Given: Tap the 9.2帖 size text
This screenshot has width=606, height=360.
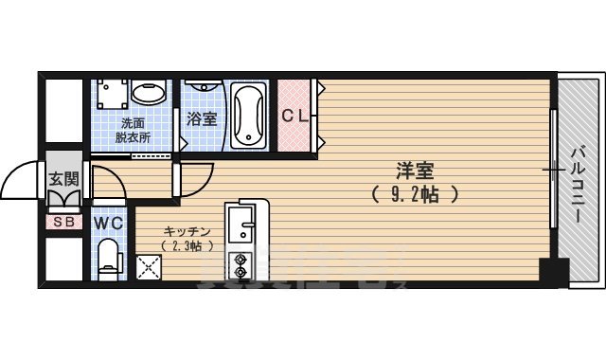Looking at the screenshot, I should click(415, 196).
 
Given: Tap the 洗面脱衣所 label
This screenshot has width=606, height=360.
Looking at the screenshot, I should click(133, 130).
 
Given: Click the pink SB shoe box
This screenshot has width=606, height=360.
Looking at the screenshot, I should click(63, 223).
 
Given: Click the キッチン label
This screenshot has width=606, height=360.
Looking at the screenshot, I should click(187, 232).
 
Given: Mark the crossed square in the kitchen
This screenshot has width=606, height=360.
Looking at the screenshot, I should click(150, 268).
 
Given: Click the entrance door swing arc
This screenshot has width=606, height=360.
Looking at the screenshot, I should click(21, 180).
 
